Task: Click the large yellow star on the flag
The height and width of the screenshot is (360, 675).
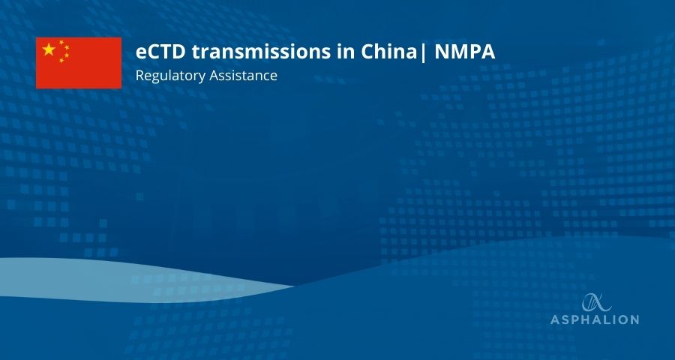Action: tap(49, 49)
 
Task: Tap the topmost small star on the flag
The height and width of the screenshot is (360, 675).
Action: tap(61, 42)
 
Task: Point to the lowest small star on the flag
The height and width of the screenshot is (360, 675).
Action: tap(61, 60)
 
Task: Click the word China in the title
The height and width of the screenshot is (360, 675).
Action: tap(388, 52)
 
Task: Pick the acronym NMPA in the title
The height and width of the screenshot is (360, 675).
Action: tap(465, 52)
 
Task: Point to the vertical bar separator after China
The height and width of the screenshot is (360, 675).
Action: tap(423, 52)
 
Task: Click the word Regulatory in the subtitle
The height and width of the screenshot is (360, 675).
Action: tap(170, 76)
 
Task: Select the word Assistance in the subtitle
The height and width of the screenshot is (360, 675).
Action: tap(243, 75)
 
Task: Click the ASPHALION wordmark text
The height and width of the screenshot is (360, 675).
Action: tap(595, 319)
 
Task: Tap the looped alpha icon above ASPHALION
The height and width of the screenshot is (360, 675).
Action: tap(597, 302)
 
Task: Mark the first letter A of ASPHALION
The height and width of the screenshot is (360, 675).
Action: tap(555, 319)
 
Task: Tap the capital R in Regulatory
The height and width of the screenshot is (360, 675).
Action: tap(139, 75)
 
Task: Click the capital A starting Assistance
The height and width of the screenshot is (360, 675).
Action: tap(214, 75)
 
